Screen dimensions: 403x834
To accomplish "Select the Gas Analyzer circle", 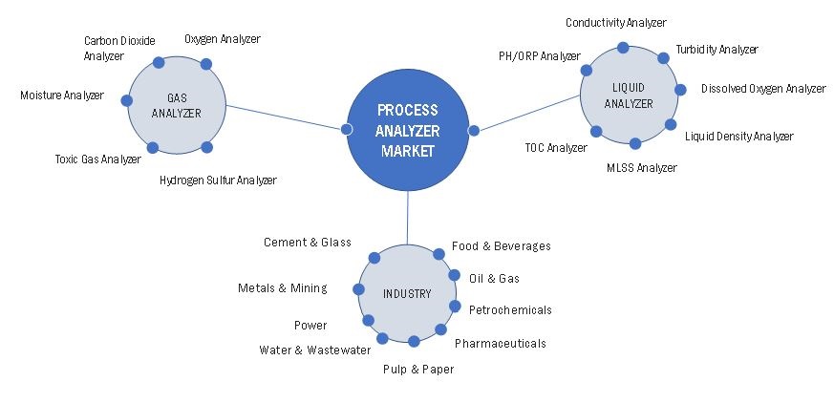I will pyautogui.click(x=177, y=105).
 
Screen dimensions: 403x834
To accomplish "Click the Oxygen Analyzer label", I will pyautogui.click(x=222, y=39).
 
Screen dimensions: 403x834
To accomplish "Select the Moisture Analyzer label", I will pyautogui.click(x=61, y=95).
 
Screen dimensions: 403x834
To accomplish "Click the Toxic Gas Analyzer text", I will pyautogui.click(x=97, y=159).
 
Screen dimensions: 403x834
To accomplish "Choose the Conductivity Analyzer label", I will pyautogui.click(x=615, y=22).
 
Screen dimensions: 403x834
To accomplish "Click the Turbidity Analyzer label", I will pyautogui.click(x=716, y=50).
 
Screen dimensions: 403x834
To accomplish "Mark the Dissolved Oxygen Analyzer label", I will pyautogui.click(x=762, y=89).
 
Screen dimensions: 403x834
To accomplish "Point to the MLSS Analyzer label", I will pyautogui.click(x=641, y=168).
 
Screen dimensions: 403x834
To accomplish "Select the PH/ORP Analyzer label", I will pyautogui.click(x=539, y=56).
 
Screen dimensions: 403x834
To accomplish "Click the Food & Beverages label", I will pyautogui.click(x=501, y=246).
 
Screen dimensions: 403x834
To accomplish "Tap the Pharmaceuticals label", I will pyautogui.click(x=500, y=343).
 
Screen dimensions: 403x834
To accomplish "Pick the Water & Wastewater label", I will pyautogui.click(x=314, y=350).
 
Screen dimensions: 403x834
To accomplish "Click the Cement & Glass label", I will pyautogui.click(x=308, y=243).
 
